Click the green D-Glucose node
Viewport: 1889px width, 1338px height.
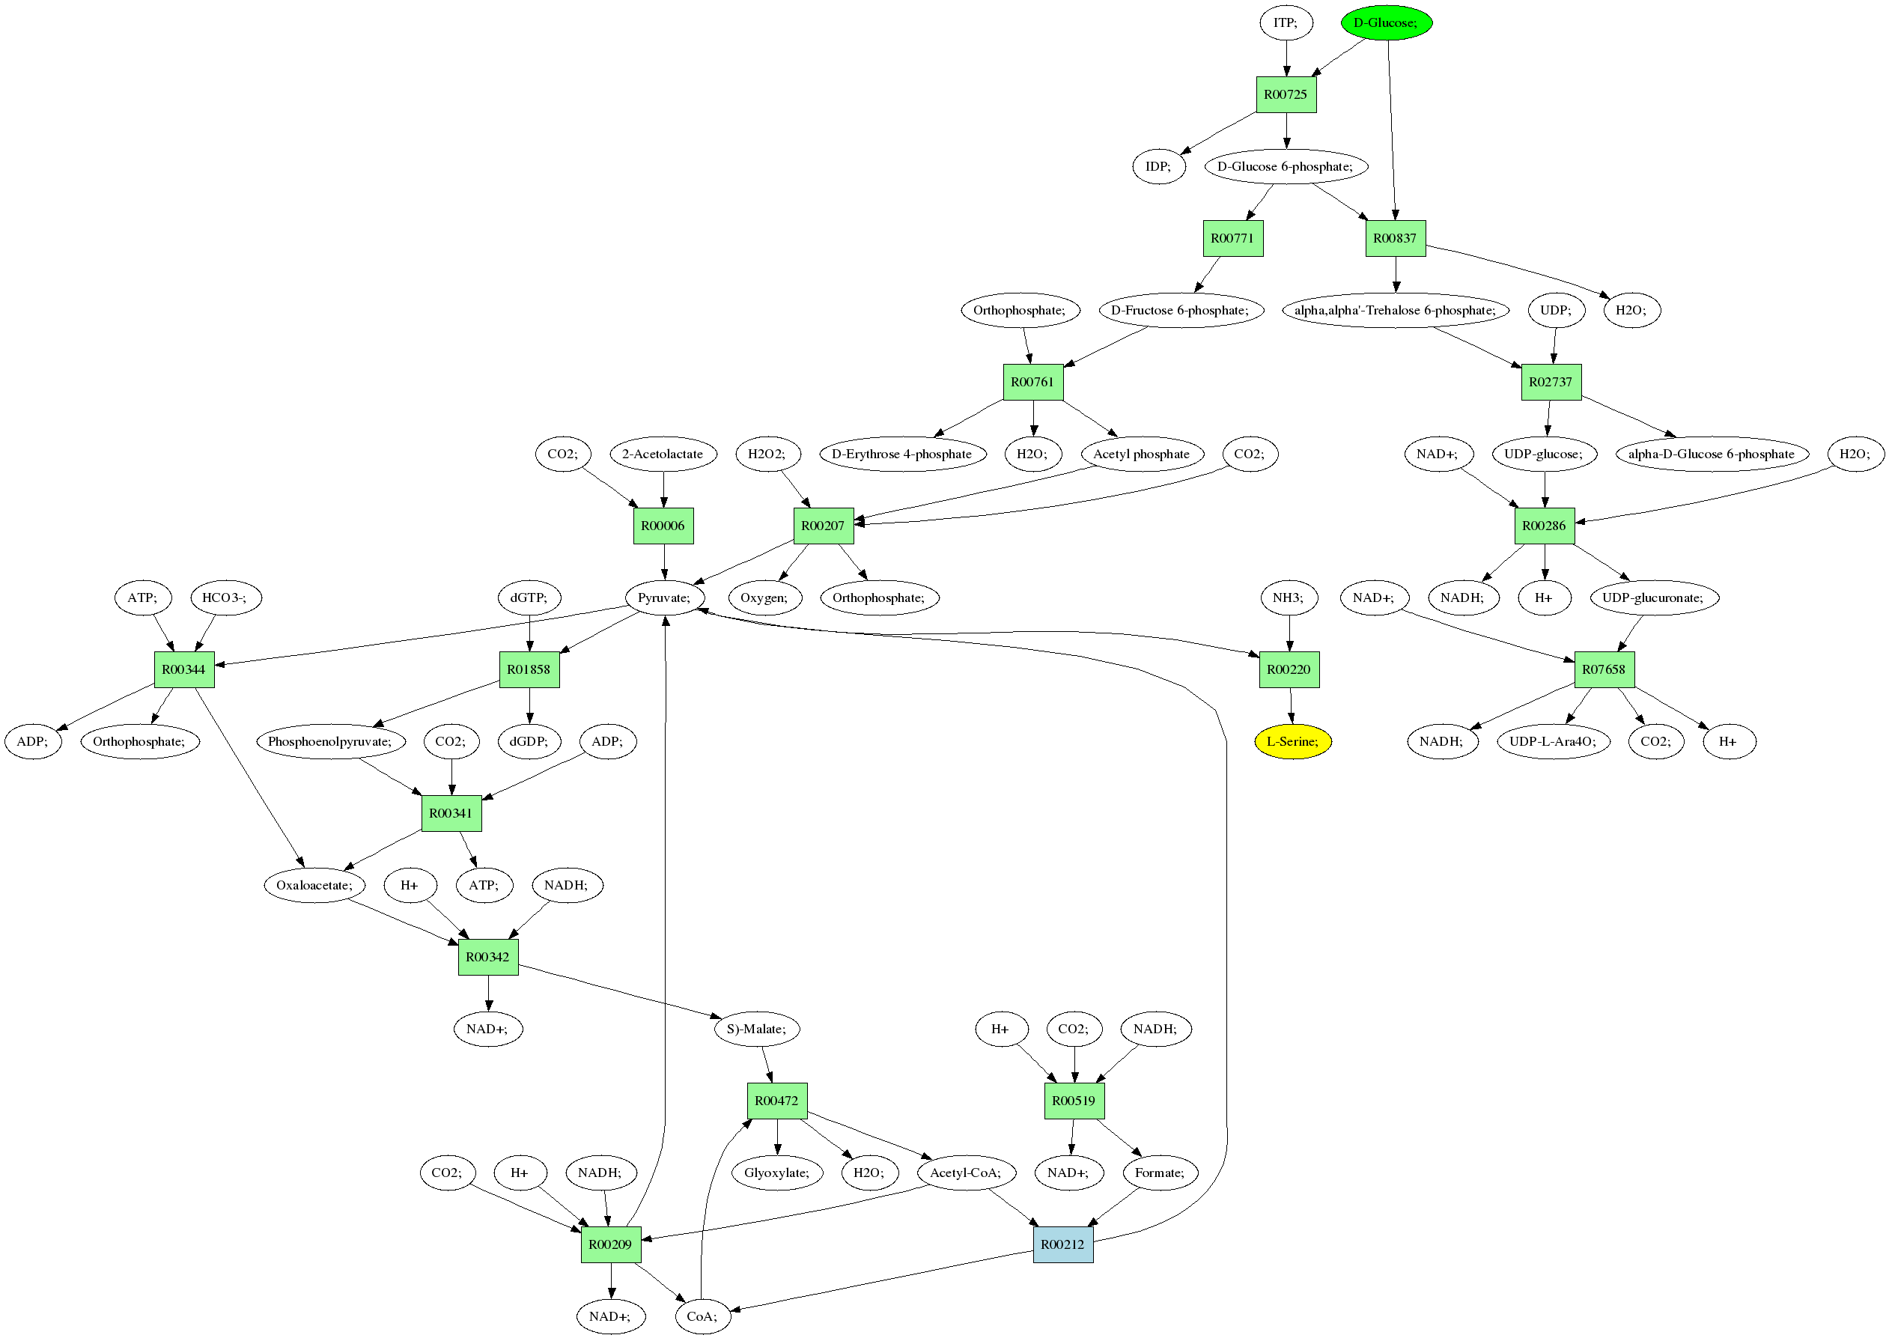(1386, 22)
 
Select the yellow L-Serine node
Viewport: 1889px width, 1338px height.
(1292, 741)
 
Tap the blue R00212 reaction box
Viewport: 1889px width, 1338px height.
(1062, 1244)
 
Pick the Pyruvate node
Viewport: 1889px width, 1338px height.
(664, 597)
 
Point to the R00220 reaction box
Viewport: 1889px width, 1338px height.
(1289, 669)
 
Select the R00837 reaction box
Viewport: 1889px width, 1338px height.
(1395, 238)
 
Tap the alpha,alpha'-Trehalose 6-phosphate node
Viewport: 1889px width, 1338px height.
(1395, 310)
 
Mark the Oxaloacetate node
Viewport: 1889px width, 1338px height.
(314, 885)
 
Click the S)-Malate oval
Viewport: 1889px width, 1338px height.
(755, 1028)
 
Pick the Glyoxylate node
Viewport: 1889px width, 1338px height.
(776, 1173)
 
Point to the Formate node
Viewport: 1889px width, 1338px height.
(1159, 1173)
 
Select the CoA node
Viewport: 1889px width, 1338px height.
(702, 1316)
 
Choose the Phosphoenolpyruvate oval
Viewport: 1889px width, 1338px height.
(329, 741)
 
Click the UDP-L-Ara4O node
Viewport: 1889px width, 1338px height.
(1552, 741)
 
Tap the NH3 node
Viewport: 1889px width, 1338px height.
(1289, 597)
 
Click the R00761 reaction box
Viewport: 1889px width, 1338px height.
(1032, 381)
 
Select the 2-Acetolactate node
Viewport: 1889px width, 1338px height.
(663, 454)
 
